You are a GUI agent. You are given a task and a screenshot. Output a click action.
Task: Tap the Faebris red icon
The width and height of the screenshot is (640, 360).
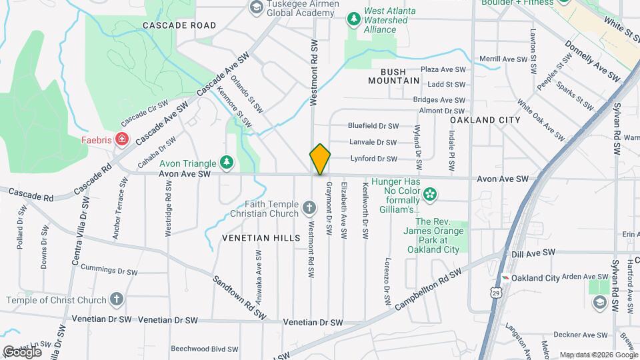(x=121, y=139)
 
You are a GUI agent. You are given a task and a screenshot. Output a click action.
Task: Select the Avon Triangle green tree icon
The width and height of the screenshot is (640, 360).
(x=227, y=162)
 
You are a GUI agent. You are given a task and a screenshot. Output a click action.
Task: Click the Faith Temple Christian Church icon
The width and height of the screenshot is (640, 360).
(x=309, y=209)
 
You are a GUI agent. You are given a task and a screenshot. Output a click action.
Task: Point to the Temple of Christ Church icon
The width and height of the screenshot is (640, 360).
(x=117, y=299)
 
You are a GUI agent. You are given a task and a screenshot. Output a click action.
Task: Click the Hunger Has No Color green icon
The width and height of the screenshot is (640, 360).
(x=430, y=194)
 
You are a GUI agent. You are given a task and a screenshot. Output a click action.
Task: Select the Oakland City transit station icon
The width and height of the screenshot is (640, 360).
(x=507, y=278)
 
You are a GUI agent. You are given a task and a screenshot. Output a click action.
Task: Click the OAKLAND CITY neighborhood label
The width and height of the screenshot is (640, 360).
(x=485, y=120)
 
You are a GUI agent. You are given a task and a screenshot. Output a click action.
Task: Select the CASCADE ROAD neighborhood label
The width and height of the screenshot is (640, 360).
(x=179, y=25)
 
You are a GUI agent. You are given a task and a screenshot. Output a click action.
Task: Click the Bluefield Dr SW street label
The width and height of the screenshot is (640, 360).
(x=373, y=125)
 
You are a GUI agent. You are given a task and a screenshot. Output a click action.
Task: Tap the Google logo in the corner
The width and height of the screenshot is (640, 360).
(x=21, y=351)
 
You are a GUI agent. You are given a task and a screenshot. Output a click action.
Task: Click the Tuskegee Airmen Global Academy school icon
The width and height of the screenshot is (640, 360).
(x=255, y=7)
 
